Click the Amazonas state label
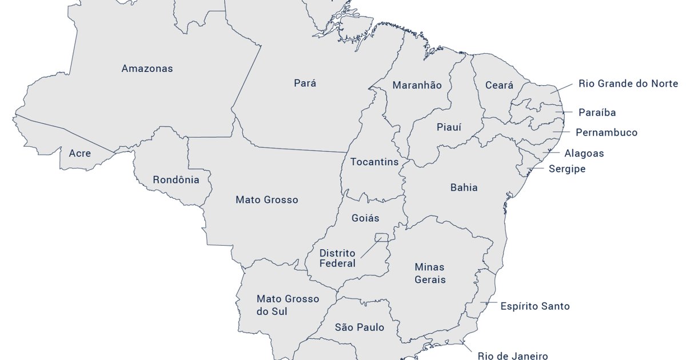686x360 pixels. [x=147, y=69]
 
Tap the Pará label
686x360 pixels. [x=305, y=83]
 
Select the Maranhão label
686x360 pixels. [x=417, y=85]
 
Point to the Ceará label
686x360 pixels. [x=499, y=85]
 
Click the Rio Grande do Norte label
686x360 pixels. [x=628, y=84]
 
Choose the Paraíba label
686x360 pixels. [x=597, y=113]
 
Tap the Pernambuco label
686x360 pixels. [x=606, y=133]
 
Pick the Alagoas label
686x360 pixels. [x=584, y=153]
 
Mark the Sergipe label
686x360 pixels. [x=567, y=169]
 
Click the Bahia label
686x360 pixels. [x=464, y=187]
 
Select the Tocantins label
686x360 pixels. [x=374, y=162]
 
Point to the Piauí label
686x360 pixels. [x=449, y=127]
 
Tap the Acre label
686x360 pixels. [x=79, y=153]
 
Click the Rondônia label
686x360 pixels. [x=176, y=180]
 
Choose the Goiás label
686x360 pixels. [x=365, y=218]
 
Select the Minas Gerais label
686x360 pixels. [x=430, y=273]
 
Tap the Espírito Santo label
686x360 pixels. [x=535, y=306]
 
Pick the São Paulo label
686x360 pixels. [x=360, y=327]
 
